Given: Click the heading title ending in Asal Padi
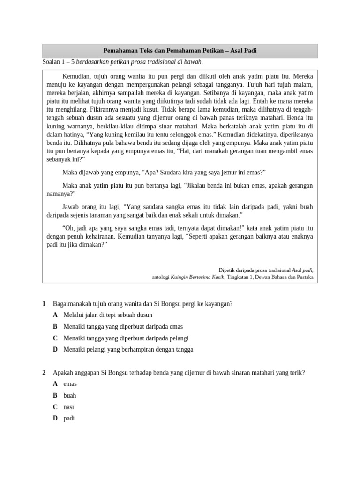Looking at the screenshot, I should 180,51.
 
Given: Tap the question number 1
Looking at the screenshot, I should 44,303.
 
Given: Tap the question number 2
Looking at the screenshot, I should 44,372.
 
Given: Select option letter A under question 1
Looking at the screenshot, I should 55,315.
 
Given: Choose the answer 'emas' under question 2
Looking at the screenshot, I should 70,384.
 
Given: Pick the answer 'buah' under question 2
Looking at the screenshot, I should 69,395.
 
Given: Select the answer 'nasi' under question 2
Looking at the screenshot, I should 68,407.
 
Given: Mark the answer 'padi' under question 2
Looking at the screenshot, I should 69,418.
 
